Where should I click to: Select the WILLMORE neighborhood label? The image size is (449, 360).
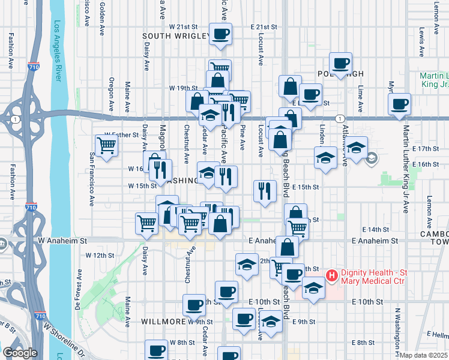[x=163, y=322]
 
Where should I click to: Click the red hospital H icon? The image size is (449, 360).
[x=331, y=277]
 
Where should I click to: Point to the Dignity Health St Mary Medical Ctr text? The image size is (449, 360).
[x=373, y=277]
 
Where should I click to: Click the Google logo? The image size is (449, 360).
[x=19, y=353]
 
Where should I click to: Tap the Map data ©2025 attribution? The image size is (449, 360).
[x=424, y=355]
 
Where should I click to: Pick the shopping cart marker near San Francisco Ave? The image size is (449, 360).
[x=106, y=145]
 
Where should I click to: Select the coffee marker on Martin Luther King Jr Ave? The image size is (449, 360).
[x=399, y=105]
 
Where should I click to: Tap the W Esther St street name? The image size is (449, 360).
[x=121, y=134]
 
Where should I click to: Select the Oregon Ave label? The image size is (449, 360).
[x=111, y=95]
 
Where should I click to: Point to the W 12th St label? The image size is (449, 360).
[x=100, y=255]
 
